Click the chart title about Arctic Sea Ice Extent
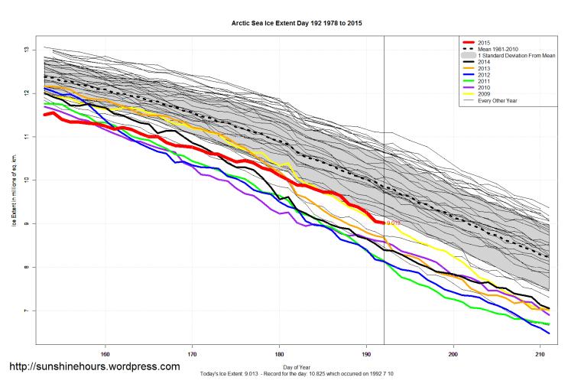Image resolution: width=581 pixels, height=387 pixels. [x=297, y=24]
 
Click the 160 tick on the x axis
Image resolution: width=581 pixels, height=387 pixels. [x=105, y=353]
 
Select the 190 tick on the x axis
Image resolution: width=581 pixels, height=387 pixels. [x=366, y=353]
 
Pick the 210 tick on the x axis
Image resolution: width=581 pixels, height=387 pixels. [x=540, y=353]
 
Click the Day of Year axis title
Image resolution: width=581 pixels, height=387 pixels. [x=297, y=366]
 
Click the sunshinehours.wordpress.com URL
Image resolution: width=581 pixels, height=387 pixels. [x=94, y=366]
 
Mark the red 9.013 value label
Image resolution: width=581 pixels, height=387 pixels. [x=394, y=223]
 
